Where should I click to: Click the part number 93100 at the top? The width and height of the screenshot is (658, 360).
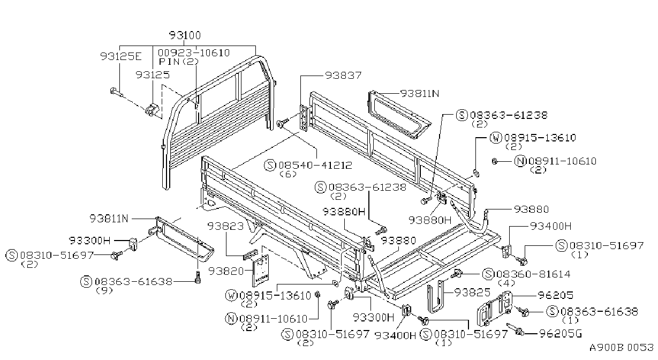tap(185, 35)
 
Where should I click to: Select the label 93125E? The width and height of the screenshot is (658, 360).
tap(120, 56)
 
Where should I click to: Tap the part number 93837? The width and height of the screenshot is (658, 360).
tap(343, 76)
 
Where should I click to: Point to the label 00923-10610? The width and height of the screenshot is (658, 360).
tap(194, 53)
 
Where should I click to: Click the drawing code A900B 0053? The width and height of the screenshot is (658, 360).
tap(621, 348)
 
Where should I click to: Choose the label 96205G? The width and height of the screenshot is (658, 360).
tap(561, 334)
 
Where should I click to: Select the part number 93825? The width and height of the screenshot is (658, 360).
tap(472, 292)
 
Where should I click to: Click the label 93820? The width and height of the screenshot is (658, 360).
tap(226, 271)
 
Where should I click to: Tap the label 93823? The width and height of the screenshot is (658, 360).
tap(225, 226)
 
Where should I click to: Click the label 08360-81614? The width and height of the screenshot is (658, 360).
tap(533, 274)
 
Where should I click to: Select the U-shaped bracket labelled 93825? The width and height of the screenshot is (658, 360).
tap(435, 297)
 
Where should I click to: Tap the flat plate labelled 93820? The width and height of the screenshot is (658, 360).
tap(261, 271)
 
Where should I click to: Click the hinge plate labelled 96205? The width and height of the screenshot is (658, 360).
tap(494, 309)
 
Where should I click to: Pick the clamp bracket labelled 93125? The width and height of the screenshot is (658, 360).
tap(152, 110)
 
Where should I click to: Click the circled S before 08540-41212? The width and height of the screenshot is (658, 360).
tap(270, 165)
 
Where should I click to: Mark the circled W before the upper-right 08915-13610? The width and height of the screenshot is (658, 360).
tap(496, 138)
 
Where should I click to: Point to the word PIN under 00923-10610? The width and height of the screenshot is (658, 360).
tap(169, 62)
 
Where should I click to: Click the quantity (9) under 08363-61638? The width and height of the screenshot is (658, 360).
tap(104, 291)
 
